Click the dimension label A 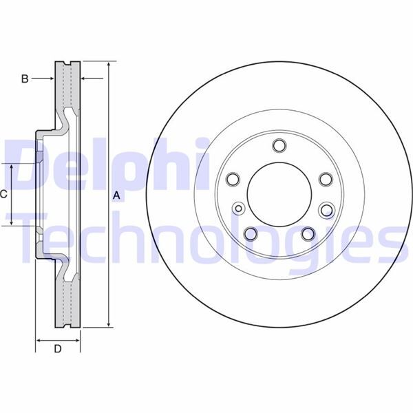pos(116,195)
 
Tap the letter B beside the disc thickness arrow pos(24,79)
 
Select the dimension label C pos(3,194)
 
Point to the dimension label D pos(58,349)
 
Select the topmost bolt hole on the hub pos(279,145)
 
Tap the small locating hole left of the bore pos(239,209)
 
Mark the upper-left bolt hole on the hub pos(233,180)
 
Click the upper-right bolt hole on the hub pos(325,180)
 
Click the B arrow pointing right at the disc pos(50,79)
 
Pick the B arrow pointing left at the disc pos(87,79)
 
